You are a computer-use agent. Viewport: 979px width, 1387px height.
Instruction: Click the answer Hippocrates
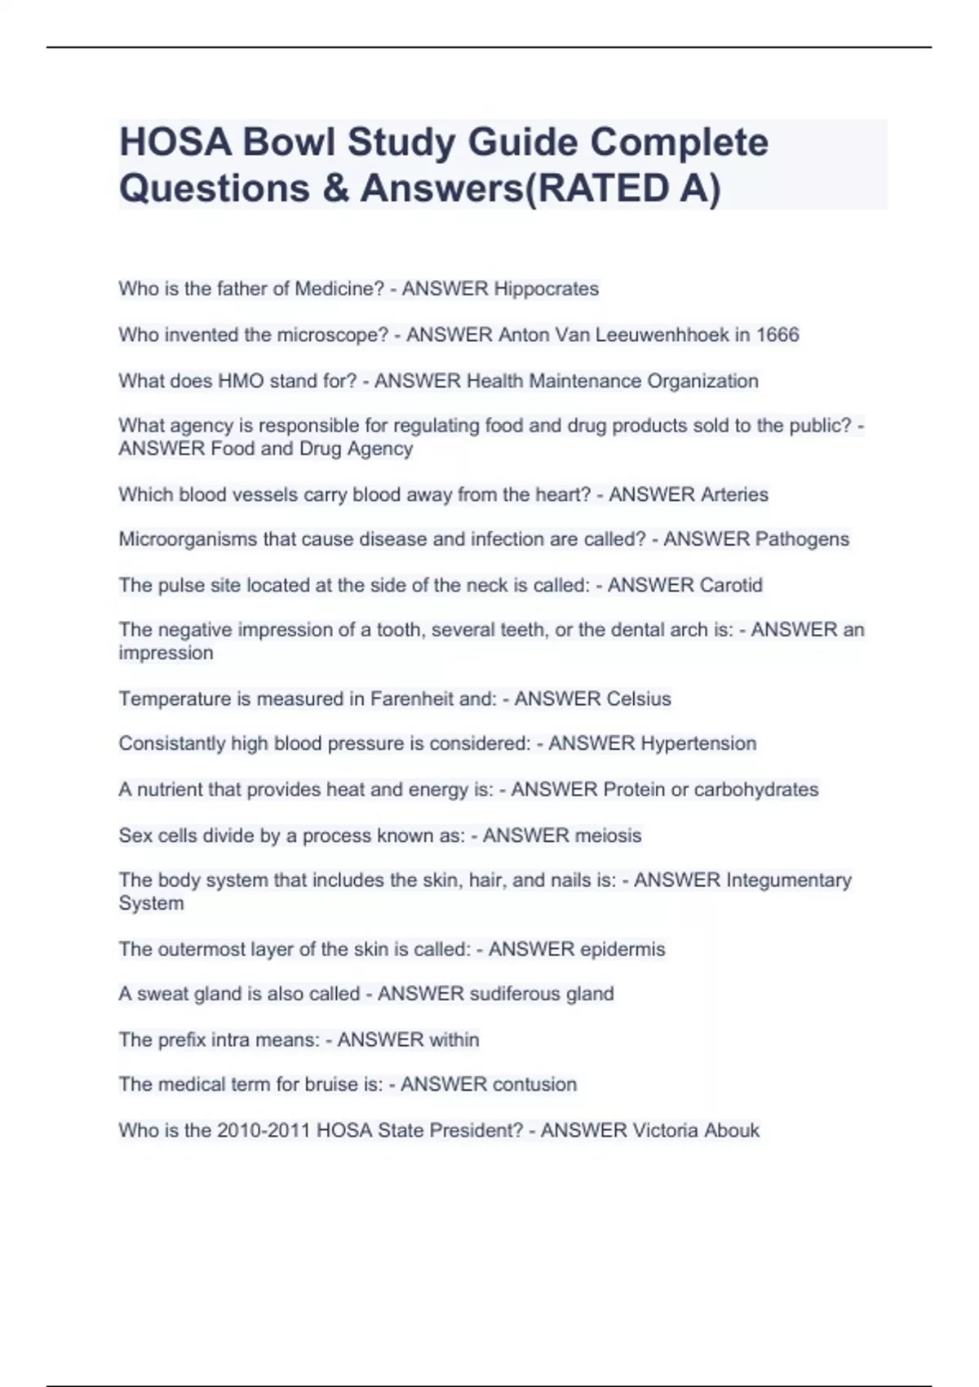547,289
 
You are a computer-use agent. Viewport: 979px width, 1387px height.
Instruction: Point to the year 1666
777,335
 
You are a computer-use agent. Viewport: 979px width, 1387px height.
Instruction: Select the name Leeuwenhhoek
662,335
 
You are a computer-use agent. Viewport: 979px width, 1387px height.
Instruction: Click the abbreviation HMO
241,381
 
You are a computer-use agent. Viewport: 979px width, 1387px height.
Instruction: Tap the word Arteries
729,494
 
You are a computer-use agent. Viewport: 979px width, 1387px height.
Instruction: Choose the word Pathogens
802,539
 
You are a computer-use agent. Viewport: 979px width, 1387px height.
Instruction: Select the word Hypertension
698,743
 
